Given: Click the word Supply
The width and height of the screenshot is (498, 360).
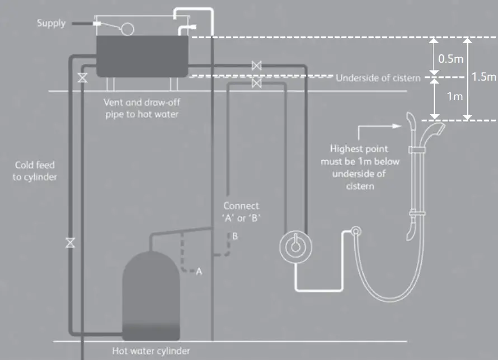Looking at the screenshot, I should (51, 24).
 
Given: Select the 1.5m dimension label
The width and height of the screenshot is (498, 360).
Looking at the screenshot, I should (484, 77).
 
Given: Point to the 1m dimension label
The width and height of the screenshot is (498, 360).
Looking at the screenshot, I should (454, 96).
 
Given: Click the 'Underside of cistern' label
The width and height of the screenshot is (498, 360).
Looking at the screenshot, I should (378, 78).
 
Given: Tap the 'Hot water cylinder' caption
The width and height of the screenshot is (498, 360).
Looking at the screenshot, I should (151, 351).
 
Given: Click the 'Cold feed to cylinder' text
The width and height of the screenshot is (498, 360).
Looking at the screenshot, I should (36, 171).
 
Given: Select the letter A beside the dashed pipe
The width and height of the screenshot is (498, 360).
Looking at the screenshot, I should (198, 271).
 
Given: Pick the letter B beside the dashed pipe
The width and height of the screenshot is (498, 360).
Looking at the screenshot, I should (235, 236).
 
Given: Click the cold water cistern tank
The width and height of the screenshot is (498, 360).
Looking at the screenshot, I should (143, 56).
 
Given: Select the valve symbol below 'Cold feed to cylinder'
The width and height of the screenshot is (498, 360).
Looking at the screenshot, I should (70, 243).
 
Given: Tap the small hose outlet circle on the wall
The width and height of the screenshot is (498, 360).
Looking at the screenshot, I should (355, 231).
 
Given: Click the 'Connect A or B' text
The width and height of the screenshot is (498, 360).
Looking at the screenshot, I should (241, 212).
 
